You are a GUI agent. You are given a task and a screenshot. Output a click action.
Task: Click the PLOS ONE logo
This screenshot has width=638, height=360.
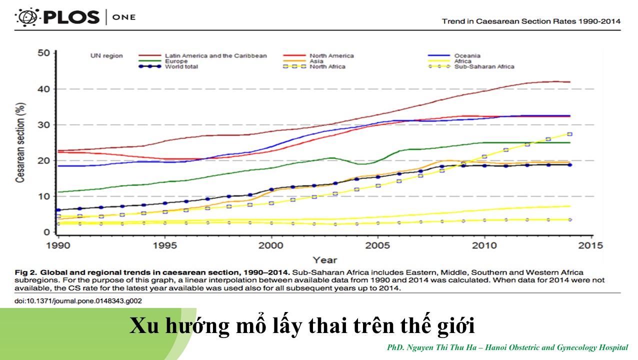tap(75, 17)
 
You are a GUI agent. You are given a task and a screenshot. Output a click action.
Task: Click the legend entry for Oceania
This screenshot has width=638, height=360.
tap(467, 55)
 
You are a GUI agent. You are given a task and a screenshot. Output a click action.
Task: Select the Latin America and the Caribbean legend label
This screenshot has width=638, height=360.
tap(215, 55)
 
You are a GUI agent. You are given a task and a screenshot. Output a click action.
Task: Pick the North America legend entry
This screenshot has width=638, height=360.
tap(331, 55)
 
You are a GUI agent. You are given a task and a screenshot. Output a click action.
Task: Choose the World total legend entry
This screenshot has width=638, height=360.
tap(181, 66)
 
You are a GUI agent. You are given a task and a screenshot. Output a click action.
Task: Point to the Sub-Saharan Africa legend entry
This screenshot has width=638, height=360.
tap(484, 66)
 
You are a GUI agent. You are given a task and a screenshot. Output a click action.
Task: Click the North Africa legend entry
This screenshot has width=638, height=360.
tap(327, 66)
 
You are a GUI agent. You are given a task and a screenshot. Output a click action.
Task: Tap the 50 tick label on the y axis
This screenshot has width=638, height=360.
tap(44, 53)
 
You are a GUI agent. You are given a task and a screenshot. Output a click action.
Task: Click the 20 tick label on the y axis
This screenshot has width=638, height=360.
tap(44, 160)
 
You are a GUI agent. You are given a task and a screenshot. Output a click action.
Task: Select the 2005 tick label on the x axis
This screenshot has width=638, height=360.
tap(377, 245)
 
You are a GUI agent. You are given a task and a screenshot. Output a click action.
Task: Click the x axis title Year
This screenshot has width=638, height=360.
tap(324, 259)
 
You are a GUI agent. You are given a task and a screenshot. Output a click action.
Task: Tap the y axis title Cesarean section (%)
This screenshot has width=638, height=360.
tap(20, 142)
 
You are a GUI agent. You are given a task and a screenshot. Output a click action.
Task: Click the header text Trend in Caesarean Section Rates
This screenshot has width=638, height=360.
tap(531, 21)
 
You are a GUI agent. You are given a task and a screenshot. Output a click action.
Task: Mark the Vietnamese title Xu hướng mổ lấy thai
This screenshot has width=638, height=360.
tap(302, 326)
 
